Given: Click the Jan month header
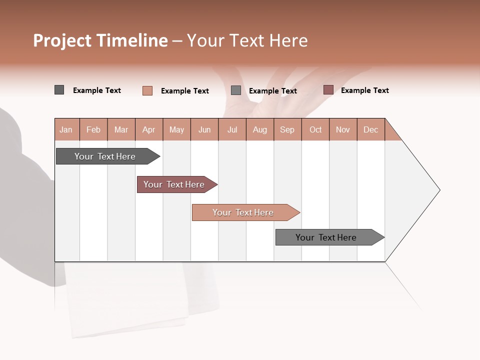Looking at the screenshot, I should [x=66, y=130].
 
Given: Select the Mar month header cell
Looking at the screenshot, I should [x=121, y=130].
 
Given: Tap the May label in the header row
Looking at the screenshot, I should [x=176, y=130].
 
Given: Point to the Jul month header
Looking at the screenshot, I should [x=232, y=130].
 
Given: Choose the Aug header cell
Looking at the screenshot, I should [x=259, y=130].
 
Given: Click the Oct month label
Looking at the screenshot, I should [x=315, y=130].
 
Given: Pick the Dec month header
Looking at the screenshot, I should [x=370, y=130].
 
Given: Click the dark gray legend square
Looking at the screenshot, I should [x=59, y=90].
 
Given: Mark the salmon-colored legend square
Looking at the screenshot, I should [x=147, y=90].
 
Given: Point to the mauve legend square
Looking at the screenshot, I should [x=328, y=90].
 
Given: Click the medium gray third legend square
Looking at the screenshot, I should [x=236, y=90].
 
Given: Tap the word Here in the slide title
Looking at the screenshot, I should [x=288, y=41].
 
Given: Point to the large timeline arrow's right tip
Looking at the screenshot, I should [x=439, y=190].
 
